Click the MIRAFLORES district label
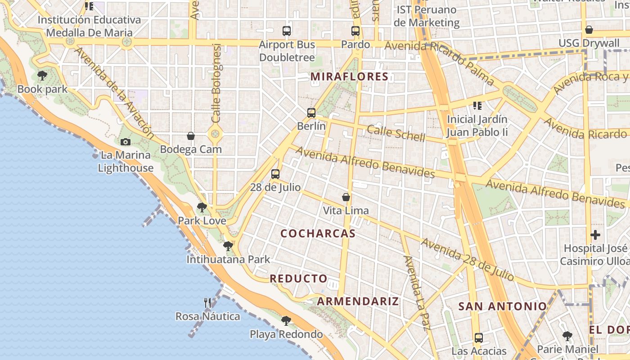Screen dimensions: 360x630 [x=349, y=76]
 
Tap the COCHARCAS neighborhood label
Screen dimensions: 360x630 [x=318, y=234]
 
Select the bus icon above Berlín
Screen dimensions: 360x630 [x=311, y=113]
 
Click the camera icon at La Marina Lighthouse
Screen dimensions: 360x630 [x=126, y=142]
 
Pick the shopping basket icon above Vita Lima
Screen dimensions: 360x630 [x=346, y=197]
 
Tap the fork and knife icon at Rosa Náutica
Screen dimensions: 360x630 [x=207, y=303]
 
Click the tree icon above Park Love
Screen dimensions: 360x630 [x=202, y=207]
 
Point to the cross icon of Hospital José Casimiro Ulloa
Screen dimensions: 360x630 [x=595, y=235]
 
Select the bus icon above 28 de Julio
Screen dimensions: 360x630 [x=275, y=174]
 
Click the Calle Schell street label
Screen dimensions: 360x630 [x=396, y=133]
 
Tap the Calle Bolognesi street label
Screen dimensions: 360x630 [x=216, y=83]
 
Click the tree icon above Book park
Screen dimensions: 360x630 [x=42, y=76]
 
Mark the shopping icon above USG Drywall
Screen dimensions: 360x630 [x=589, y=30]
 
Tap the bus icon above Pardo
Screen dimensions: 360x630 [x=355, y=31]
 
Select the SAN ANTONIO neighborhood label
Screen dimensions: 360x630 [x=502, y=306]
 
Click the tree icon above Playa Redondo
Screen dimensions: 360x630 [x=286, y=321]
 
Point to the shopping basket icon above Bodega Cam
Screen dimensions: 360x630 [x=191, y=136]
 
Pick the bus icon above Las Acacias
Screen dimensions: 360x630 [x=479, y=337]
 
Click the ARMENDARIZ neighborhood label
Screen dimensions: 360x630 [x=358, y=301]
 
